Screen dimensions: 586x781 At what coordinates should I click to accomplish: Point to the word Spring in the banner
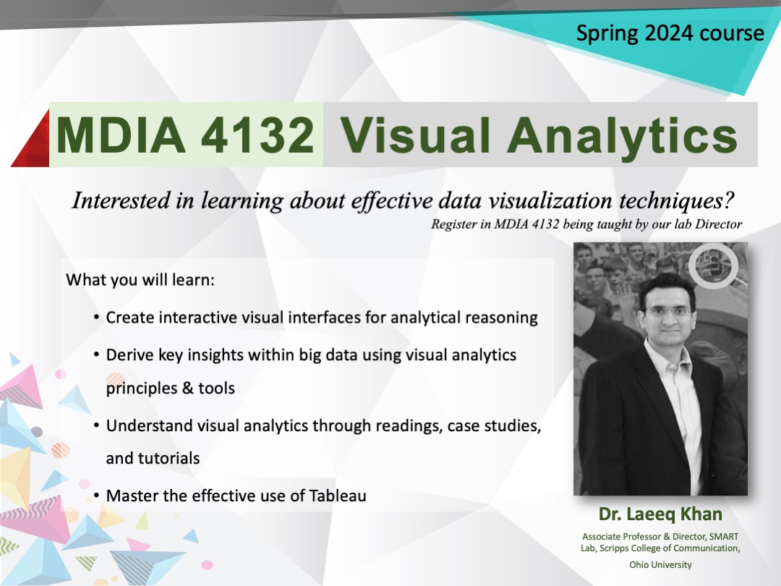(x=606, y=34)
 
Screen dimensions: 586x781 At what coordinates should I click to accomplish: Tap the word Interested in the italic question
(x=118, y=200)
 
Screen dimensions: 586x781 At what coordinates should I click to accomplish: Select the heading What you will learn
(x=140, y=279)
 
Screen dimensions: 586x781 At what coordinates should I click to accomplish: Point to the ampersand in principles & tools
(x=187, y=388)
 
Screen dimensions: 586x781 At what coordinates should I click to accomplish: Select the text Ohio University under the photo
(x=660, y=564)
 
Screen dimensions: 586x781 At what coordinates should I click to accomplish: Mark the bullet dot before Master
(x=96, y=496)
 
